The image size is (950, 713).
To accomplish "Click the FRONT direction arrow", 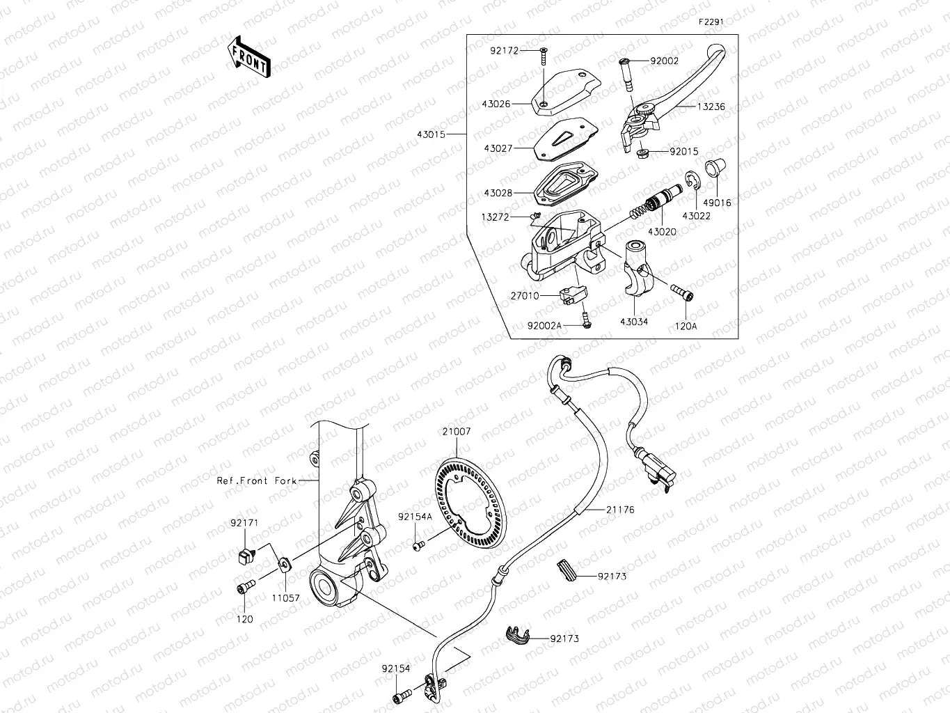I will pos(248,56).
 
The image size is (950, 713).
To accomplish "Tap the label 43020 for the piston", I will pos(661,231).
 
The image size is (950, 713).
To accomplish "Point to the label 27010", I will pos(524,296).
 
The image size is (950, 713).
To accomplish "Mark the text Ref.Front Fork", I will pos(256,480).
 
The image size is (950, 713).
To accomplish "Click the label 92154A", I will pos(415,517).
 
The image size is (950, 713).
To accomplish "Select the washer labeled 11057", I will pos(285,563).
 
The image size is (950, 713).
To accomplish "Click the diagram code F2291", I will pos(711,22).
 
